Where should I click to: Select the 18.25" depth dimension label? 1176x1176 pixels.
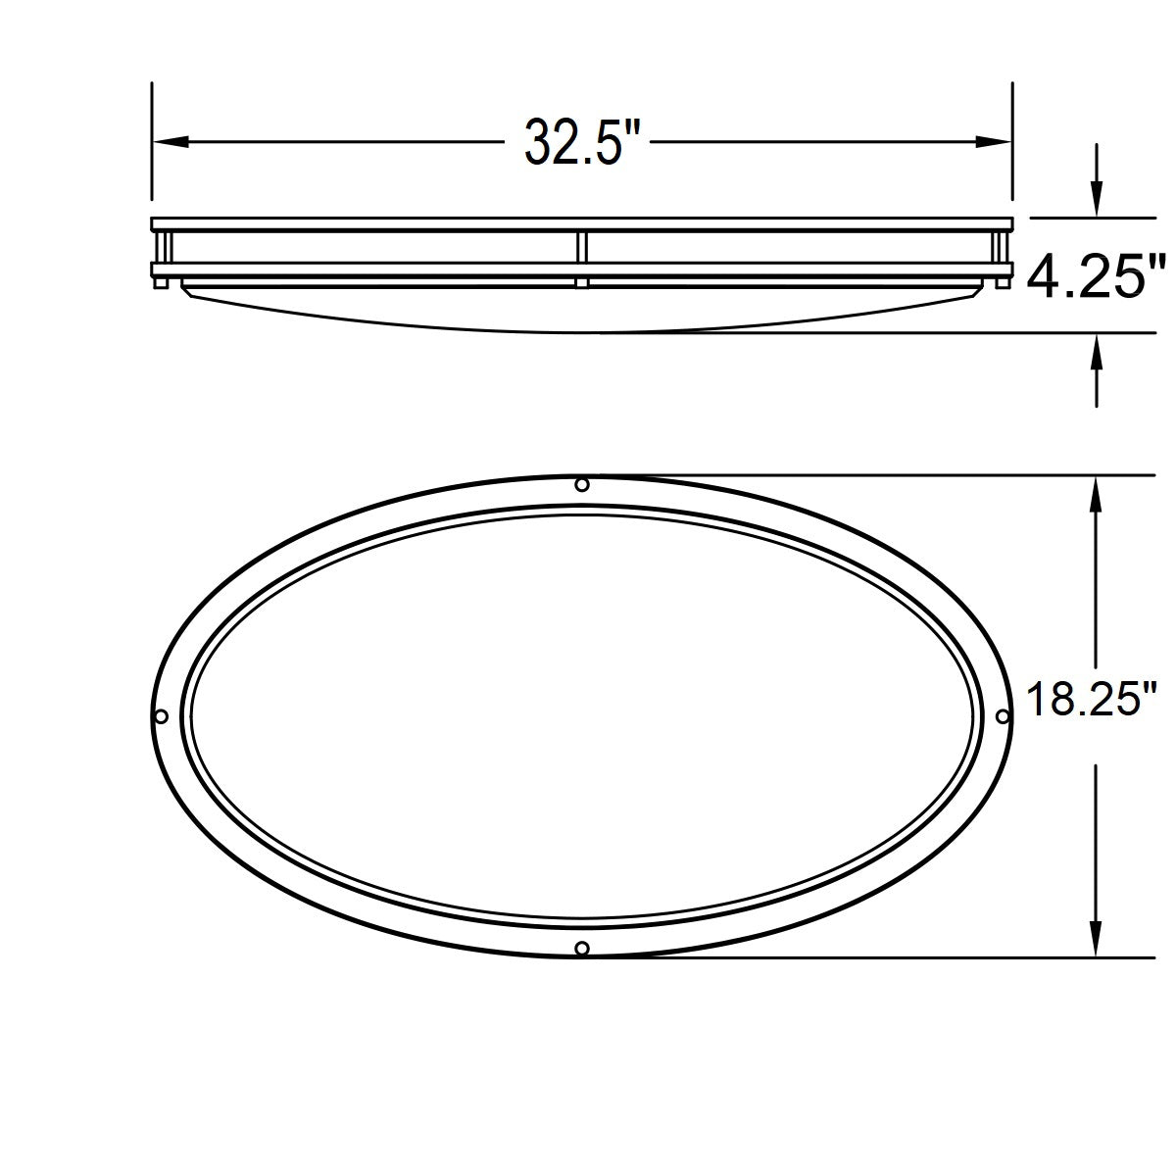point(1086,701)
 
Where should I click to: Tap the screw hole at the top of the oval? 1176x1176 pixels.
point(582,485)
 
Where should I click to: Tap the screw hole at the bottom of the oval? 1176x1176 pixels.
point(582,947)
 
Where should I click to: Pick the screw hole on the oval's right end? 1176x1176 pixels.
point(1002,716)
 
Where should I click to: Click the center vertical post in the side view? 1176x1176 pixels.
point(582,247)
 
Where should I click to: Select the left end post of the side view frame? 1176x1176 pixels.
point(163,247)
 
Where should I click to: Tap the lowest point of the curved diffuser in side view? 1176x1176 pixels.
point(598,331)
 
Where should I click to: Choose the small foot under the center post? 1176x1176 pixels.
point(582,283)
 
